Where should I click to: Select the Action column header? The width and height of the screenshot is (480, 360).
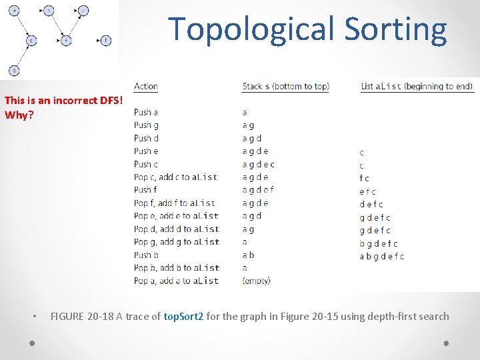click(145, 86)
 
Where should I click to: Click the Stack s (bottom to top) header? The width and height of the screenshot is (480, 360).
click(285, 86)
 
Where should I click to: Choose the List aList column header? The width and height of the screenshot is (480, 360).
click(417, 86)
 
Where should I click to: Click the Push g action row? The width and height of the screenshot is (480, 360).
click(147, 125)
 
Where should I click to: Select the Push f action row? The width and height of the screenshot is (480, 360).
click(145, 190)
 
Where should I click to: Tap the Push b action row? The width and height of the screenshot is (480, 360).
click(147, 255)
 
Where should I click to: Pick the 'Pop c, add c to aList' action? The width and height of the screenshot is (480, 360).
click(175, 177)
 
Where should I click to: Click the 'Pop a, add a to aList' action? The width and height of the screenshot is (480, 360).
click(176, 281)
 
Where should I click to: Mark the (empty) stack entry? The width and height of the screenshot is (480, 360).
click(257, 281)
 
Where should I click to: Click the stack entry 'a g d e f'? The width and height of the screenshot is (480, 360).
click(258, 190)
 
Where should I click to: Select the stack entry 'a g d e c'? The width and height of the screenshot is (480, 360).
click(259, 164)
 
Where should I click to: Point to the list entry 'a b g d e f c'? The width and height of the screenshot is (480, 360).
click(381, 256)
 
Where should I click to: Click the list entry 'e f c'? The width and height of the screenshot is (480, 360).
click(367, 191)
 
